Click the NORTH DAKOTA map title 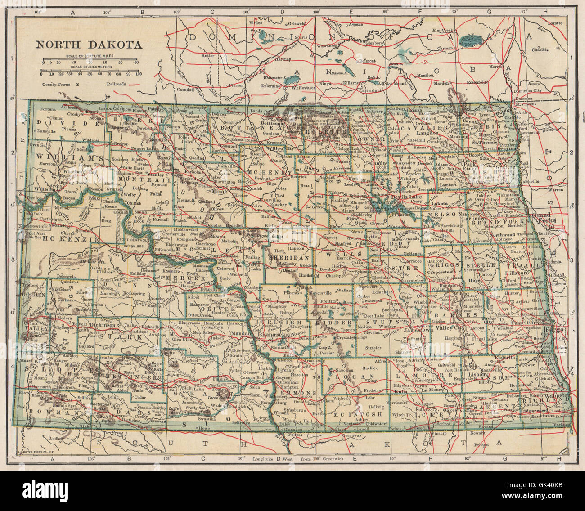[x=89, y=45]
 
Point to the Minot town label [x=221, y=190]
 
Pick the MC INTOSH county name [x=358, y=414]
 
